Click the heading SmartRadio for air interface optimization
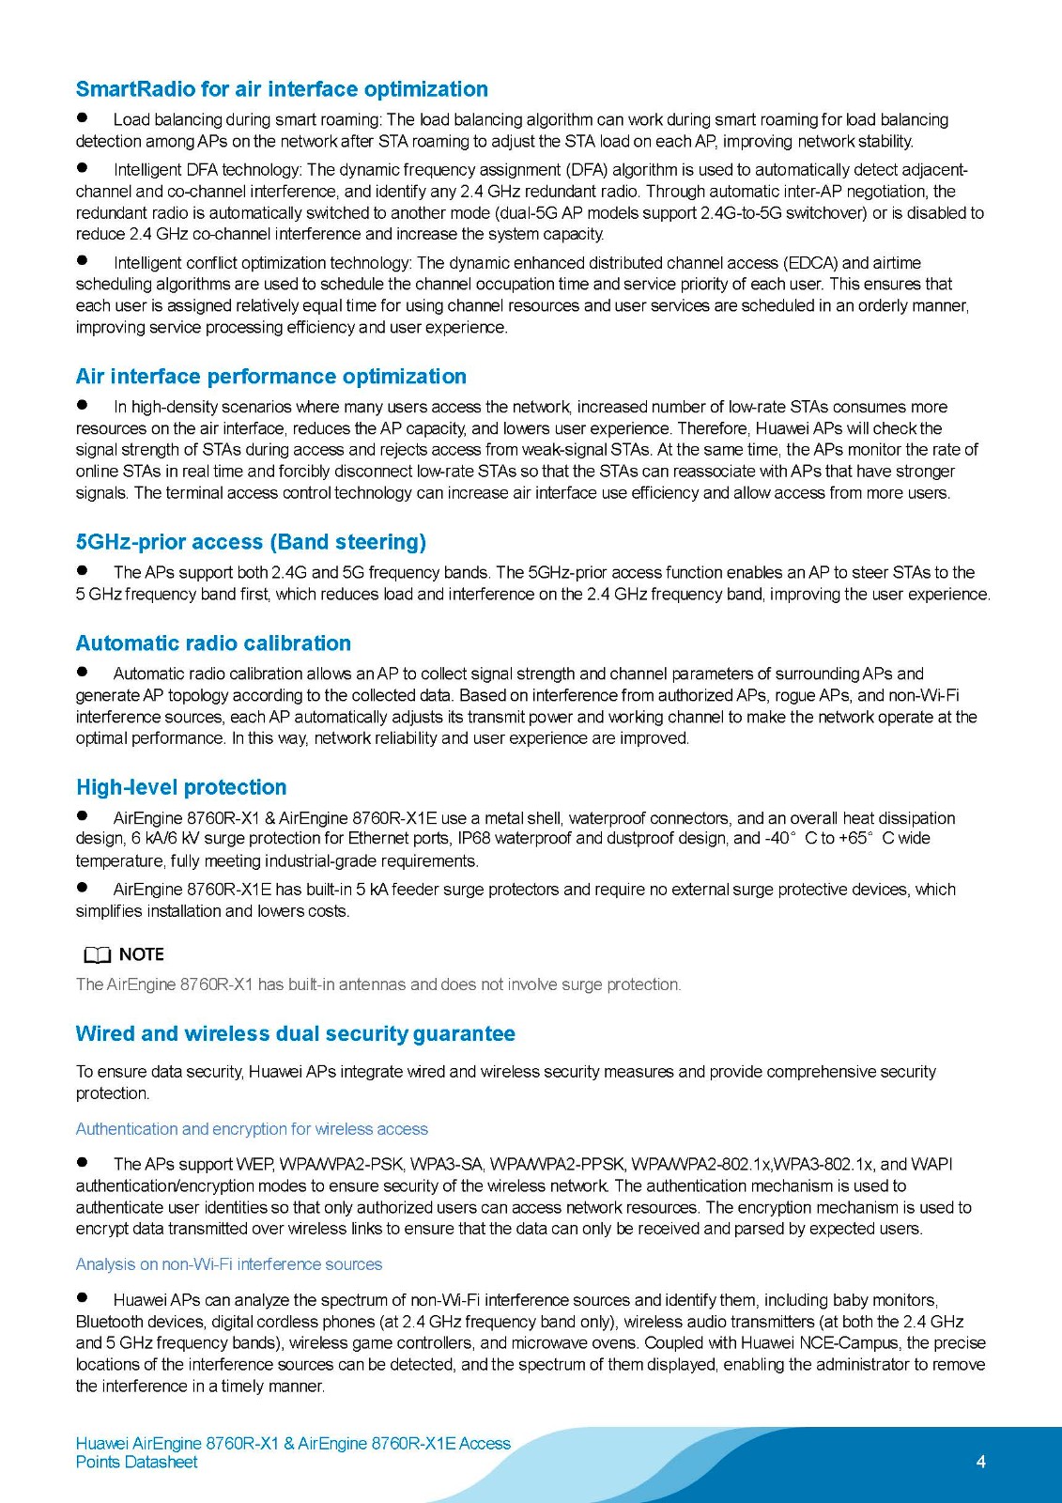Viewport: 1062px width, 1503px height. [282, 89]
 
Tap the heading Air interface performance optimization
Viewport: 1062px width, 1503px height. [270, 377]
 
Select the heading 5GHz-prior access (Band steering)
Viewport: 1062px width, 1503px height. [251, 542]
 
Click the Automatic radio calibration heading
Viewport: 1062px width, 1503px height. [213, 643]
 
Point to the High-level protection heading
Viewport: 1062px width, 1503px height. [181, 787]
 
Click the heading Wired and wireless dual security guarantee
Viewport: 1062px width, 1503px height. [295, 1034]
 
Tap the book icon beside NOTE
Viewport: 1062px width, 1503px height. [97, 955]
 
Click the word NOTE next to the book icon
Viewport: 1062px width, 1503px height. [142, 954]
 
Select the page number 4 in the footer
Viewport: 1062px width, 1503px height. [981, 1462]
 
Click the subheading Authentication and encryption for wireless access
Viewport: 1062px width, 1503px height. [252, 1129]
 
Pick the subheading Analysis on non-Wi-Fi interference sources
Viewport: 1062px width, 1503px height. [229, 1264]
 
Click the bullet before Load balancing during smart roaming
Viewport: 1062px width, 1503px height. [83, 118]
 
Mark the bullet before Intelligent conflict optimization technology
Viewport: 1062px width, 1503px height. [83, 261]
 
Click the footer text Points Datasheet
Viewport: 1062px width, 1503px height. [137, 1463]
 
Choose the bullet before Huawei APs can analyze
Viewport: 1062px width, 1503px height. [83, 1298]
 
